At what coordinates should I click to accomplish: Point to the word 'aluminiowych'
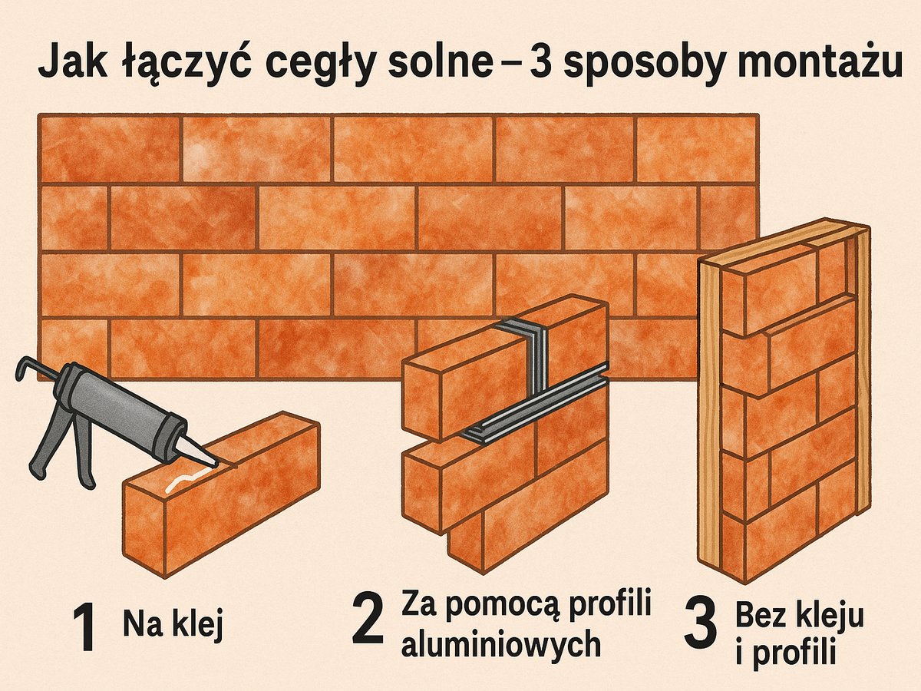coord(500,643)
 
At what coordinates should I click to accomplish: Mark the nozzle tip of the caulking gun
coord(212,461)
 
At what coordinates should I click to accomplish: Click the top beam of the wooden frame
coord(783,243)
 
